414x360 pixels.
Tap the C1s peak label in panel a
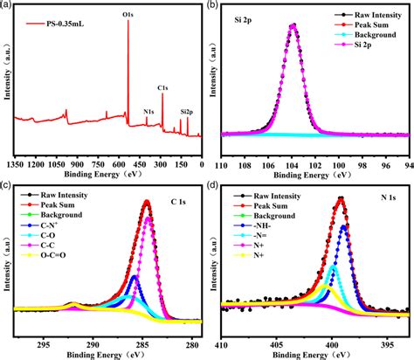click(163, 87)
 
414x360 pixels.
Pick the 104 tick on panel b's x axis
click(293, 163)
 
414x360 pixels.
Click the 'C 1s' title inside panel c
click(177, 203)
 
